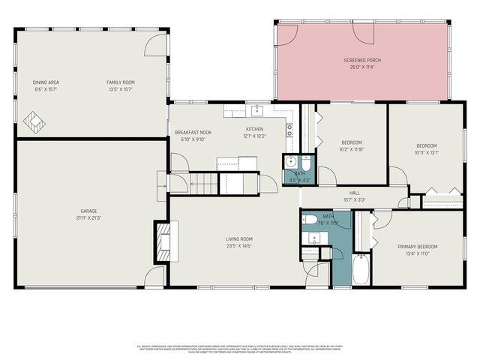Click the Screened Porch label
(x=363, y=59)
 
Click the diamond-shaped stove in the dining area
(x=34, y=120)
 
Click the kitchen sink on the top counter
(x=256, y=111)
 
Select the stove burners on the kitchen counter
(x=289, y=128)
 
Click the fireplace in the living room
(x=163, y=241)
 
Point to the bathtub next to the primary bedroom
(x=361, y=271)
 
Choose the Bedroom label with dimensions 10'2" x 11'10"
(x=352, y=142)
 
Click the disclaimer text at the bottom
(x=239, y=349)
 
